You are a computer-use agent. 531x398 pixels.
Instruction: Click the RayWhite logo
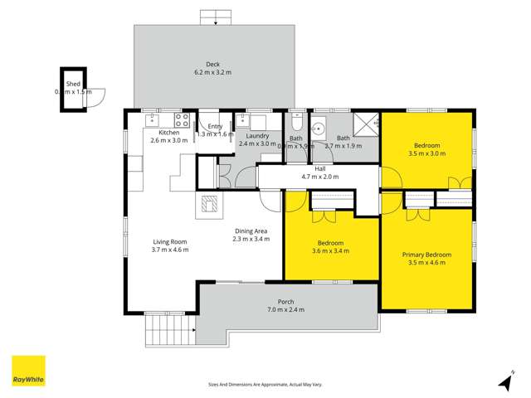[28, 371]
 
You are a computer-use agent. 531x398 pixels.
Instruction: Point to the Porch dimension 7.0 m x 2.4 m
[285, 310]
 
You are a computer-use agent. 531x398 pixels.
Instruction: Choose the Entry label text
[215, 126]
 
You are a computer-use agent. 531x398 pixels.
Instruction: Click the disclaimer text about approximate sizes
[265, 385]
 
